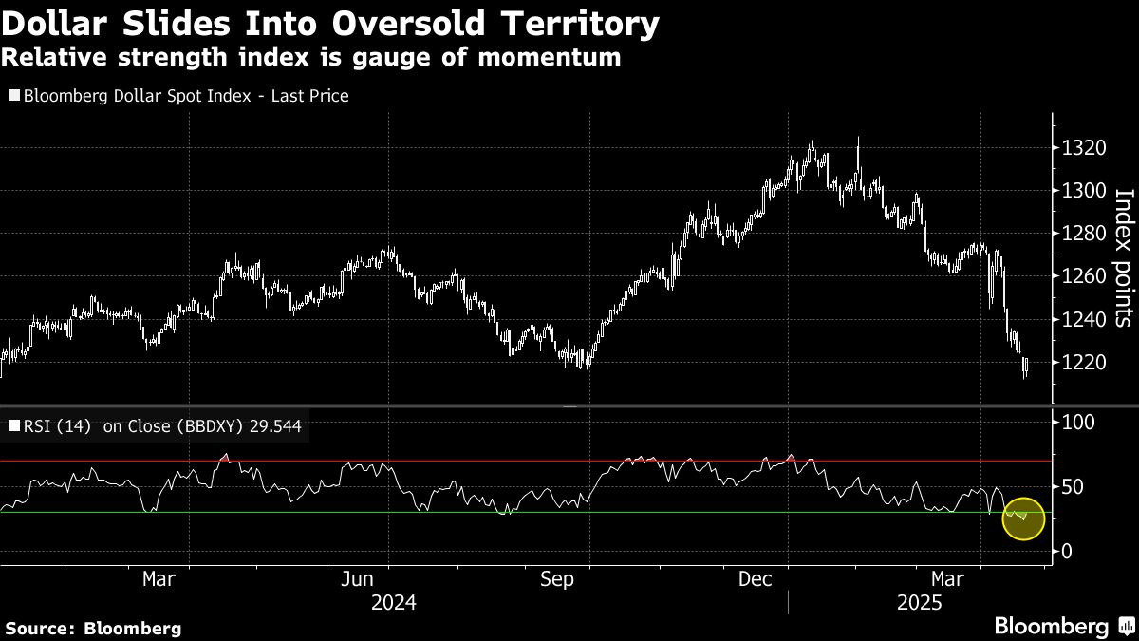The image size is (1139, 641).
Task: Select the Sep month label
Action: (x=556, y=579)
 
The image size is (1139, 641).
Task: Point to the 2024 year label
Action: (x=393, y=603)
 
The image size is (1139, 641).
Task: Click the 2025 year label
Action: (x=920, y=603)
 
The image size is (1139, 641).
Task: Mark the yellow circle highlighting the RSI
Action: (x=1023, y=518)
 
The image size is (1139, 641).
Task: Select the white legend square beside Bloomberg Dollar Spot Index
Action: (x=14, y=96)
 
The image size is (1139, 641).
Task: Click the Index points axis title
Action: (x=1123, y=257)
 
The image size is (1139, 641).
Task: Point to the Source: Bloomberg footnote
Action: (x=93, y=629)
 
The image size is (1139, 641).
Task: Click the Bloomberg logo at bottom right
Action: (x=1062, y=627)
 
